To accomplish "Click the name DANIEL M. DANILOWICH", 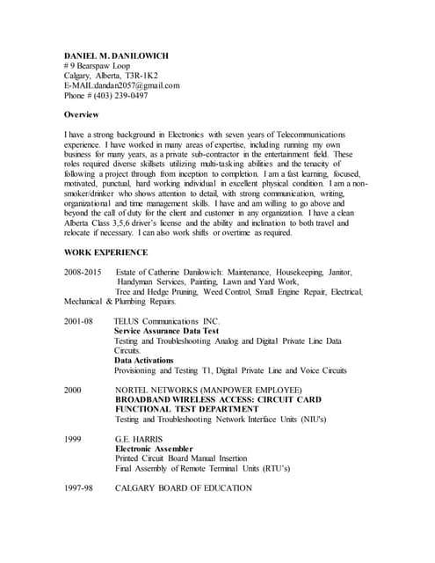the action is pos(117,55).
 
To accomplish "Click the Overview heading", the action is pos(82,115).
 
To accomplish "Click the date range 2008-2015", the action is pos(83,273).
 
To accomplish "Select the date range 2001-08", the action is pos(78,321).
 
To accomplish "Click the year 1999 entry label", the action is pos(73,438).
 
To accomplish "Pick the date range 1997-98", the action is pos(78,487).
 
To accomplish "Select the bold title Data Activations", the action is pos(148,361).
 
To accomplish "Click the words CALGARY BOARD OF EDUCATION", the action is pos(183,487).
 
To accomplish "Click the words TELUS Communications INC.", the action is pos(166,321).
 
